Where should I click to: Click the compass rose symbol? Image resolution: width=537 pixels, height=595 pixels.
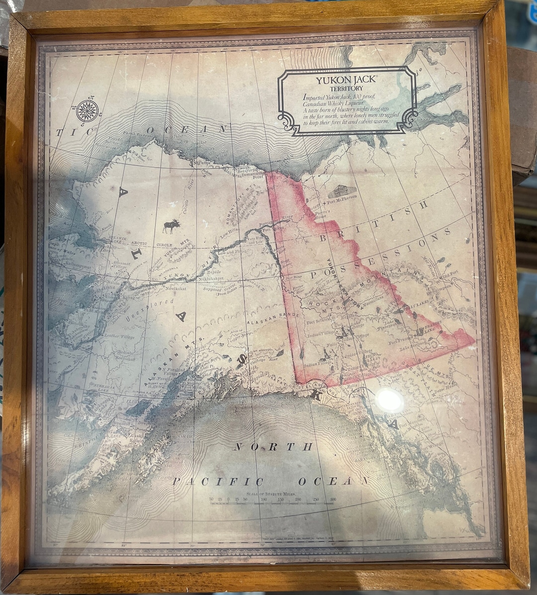(x=88, y=110)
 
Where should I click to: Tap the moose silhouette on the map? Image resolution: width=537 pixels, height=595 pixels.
(x=172, y=227)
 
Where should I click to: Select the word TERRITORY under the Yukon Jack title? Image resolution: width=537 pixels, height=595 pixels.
(x=347, y=88)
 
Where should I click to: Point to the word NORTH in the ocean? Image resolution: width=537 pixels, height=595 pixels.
(x=273, y=447)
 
